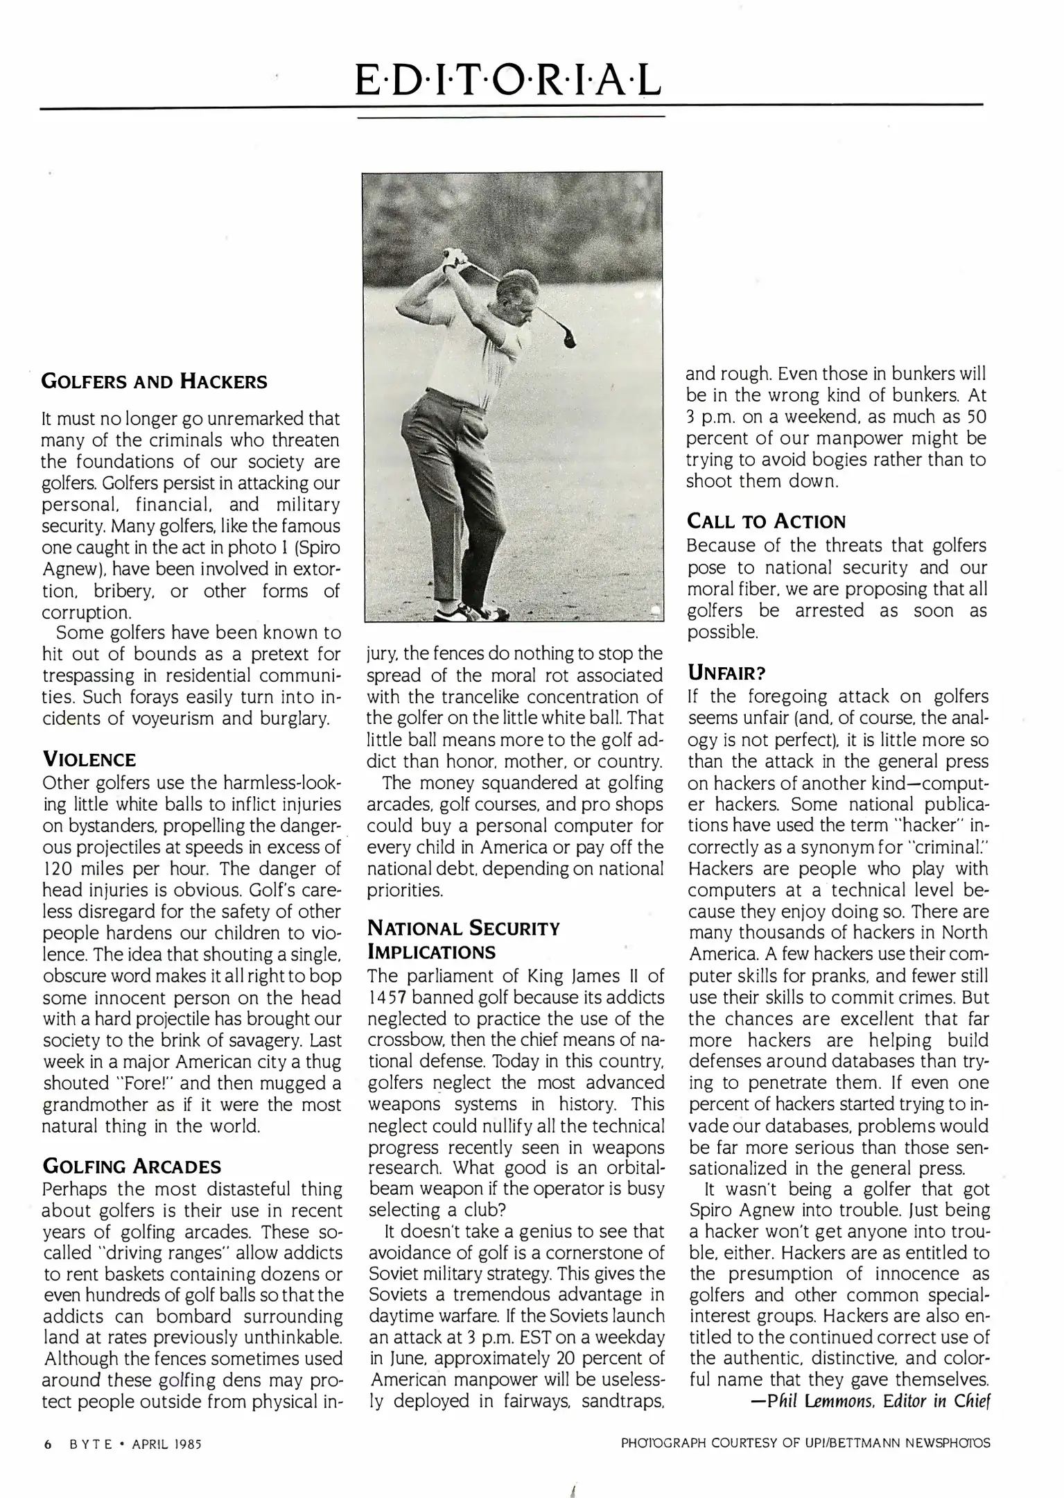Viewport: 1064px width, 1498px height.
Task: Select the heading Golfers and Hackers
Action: pyautogui.click(x=154, y=381)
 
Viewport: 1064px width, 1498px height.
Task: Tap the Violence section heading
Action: pyautogui.click(x=89, y=759)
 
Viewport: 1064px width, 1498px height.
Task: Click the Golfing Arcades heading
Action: pyautogui.click(x=132, y=1166)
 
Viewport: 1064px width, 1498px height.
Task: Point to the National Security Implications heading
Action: pyautogui.click(x=463, y=939)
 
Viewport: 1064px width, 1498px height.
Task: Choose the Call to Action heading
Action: pyautogui.click(x=766, y=522)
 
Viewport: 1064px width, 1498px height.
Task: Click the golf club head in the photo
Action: pyautogui.click(x=570, y=340)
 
